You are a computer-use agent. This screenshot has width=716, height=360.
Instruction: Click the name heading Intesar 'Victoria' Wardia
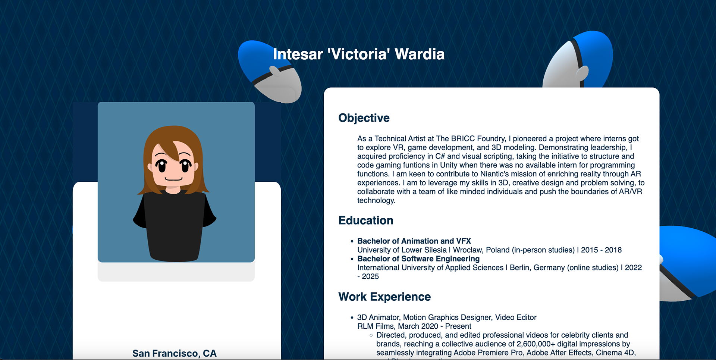359,54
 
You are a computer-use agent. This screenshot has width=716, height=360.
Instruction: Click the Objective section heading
364,118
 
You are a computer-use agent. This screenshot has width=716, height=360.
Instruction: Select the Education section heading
366,220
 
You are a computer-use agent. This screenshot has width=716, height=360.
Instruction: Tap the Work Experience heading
384,297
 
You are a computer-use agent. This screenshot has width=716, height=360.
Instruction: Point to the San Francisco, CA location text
175,353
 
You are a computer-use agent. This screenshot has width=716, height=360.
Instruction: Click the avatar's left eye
161,165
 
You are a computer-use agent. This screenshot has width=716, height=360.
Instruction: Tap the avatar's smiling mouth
173,179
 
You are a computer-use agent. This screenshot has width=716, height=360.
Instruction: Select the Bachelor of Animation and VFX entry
414,241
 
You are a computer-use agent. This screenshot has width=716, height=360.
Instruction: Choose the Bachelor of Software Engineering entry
418,259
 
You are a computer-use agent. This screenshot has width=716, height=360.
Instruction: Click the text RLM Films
376,326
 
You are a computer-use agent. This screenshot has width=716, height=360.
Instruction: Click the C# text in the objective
440,156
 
